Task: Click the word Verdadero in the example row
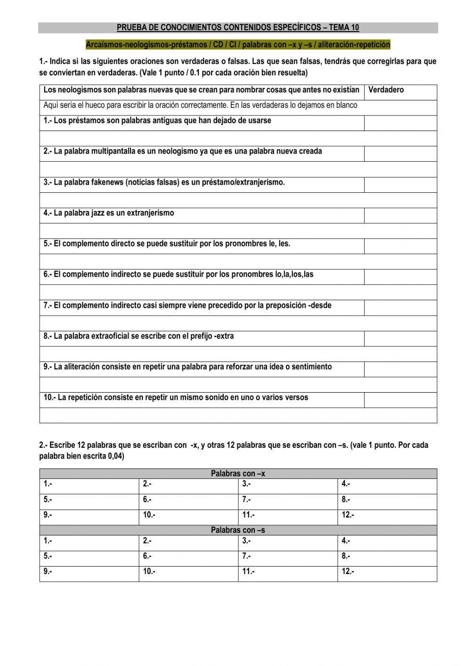(x=386, y=90)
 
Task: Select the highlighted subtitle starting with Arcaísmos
(x=238, y=45)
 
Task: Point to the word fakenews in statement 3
(x=107, y=182)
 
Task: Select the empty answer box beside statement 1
(x=400, y=123)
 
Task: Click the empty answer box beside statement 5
(x=400, y=246)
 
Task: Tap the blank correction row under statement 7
(x=238, y=323)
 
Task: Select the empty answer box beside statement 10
(x=400, y=400)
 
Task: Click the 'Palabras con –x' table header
(x=238, y=474)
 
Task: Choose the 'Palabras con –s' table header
(x=238, y=530)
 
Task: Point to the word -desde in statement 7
(x=319, y=305)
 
